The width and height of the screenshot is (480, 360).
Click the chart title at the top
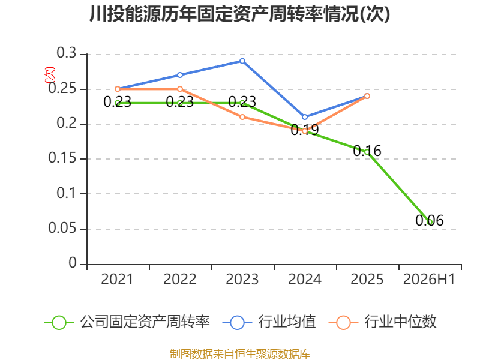tap(239, 14)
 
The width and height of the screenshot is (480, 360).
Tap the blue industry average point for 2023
tap(242, 61)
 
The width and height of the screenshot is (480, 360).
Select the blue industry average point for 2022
tap(180, 75)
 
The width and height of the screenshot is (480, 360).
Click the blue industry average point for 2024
tap(305, 117)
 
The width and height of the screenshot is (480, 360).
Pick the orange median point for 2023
tap(242, 117)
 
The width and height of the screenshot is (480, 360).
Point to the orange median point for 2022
tap(180, 89)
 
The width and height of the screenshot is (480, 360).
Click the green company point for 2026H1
tap(430, 221)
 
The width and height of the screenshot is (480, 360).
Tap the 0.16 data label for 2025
tap(367, 151)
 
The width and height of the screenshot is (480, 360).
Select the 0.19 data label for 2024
tap(305, 130)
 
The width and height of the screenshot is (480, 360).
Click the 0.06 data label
tap(430, 220)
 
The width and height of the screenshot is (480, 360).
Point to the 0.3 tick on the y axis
tap(67, 53)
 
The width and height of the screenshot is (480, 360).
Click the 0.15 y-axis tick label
tap(62, 158)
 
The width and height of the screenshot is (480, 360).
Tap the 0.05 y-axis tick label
tap(62, 228)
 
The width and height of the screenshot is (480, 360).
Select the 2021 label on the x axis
tap(117, 279)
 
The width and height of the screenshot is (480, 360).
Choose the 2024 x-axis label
tap(305, 279)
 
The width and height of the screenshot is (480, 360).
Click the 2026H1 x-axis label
tap(429, 279)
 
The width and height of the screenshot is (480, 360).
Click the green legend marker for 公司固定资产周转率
tap(59, 323)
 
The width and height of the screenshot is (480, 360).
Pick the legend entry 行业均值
tap(287, 322)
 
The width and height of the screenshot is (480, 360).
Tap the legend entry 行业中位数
tap(400, 322)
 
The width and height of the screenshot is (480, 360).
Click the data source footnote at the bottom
tap(239, 354)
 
